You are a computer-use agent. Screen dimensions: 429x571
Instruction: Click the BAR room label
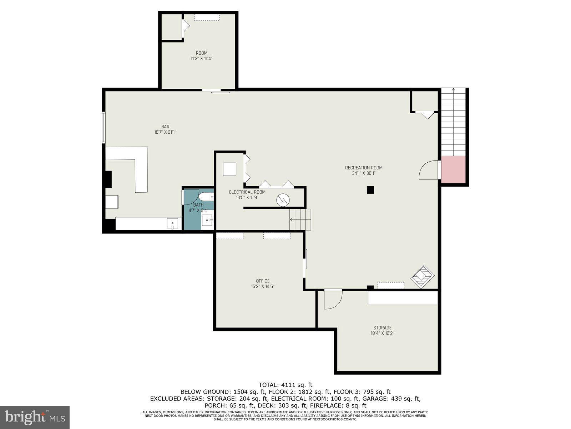165,127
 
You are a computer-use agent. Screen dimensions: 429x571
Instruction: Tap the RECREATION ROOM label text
364,168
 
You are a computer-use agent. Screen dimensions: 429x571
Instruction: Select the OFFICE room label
263,281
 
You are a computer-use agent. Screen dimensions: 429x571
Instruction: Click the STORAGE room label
383,327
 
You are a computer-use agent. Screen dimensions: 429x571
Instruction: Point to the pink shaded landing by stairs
454,169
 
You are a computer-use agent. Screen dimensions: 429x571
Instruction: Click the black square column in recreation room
370,190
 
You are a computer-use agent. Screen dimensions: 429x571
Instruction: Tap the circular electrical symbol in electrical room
283,200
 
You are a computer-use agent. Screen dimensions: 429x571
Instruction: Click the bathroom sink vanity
207,220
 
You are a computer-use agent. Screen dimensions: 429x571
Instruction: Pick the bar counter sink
173,223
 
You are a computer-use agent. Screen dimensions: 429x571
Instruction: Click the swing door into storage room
333,299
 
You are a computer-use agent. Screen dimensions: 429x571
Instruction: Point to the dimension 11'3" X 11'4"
202,58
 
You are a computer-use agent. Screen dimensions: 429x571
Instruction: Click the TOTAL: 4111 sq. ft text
285,385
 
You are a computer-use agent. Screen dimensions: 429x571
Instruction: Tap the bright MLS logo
35,417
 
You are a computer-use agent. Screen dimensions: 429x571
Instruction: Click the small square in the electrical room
229,169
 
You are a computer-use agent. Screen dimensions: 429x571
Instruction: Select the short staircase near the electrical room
300,219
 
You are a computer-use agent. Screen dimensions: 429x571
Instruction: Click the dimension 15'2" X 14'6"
263,286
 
